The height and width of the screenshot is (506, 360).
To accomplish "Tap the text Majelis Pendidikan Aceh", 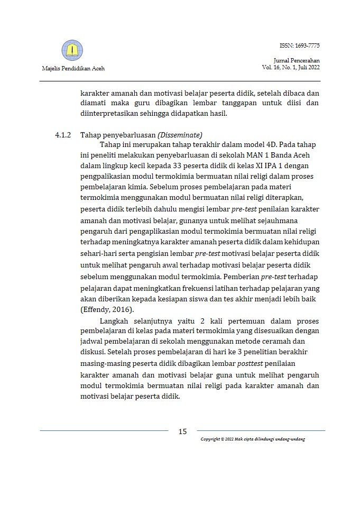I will click(72, 68).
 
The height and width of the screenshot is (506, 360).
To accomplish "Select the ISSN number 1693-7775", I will click(307, 45).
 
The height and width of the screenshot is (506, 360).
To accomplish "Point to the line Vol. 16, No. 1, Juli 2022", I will click(291, 67).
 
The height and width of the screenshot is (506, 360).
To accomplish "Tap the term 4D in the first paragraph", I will click(264, 145).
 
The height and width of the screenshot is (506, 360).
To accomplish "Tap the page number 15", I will click(182, 431).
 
